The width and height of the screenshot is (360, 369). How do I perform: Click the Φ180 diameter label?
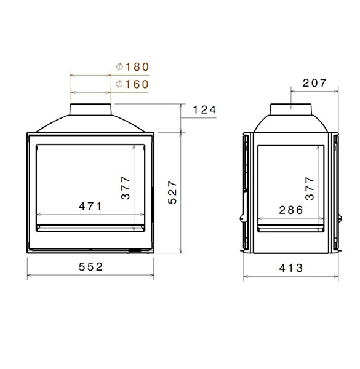(x=132, y=67)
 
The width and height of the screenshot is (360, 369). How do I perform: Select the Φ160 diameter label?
(x=132, y=84)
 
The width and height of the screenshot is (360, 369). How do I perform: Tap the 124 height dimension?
(x=204, y=110)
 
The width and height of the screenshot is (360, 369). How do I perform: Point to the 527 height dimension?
(x=172, y=192)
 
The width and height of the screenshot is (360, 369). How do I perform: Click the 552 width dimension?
(x=90, y=267)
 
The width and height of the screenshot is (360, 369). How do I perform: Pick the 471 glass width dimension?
(x=90, y=207)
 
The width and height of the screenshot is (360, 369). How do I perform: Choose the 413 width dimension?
(x=291, y=268)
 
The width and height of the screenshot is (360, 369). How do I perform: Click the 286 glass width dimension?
(x=291, y=210)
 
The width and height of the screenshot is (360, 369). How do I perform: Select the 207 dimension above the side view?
(x=314, y=83)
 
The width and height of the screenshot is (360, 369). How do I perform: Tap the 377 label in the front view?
(x=126, y=188)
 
